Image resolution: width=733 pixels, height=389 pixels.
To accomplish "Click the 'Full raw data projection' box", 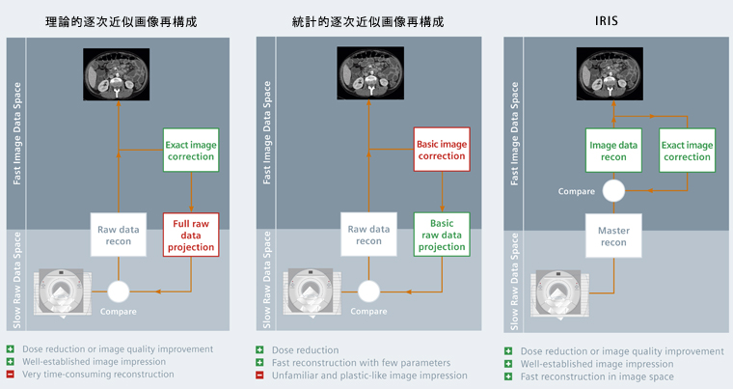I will tap(191, 235).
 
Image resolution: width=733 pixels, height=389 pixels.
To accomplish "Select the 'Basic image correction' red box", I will tap(441, 150).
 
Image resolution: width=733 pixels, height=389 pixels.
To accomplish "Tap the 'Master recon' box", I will tap(612, 236).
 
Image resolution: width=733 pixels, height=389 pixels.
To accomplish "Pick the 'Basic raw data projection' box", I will tap(441, 235).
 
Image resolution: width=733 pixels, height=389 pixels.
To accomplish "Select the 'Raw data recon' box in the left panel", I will tap(118, 235).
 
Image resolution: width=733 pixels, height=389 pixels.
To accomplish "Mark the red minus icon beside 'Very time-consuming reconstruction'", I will tap(10, 374).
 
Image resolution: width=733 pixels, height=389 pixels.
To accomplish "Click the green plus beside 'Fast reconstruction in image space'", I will tap(508, 377).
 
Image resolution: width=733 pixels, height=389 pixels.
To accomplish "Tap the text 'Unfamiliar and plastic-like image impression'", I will tap(370, 375).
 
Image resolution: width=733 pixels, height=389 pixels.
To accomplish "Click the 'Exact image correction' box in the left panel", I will tap(191, 150).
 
